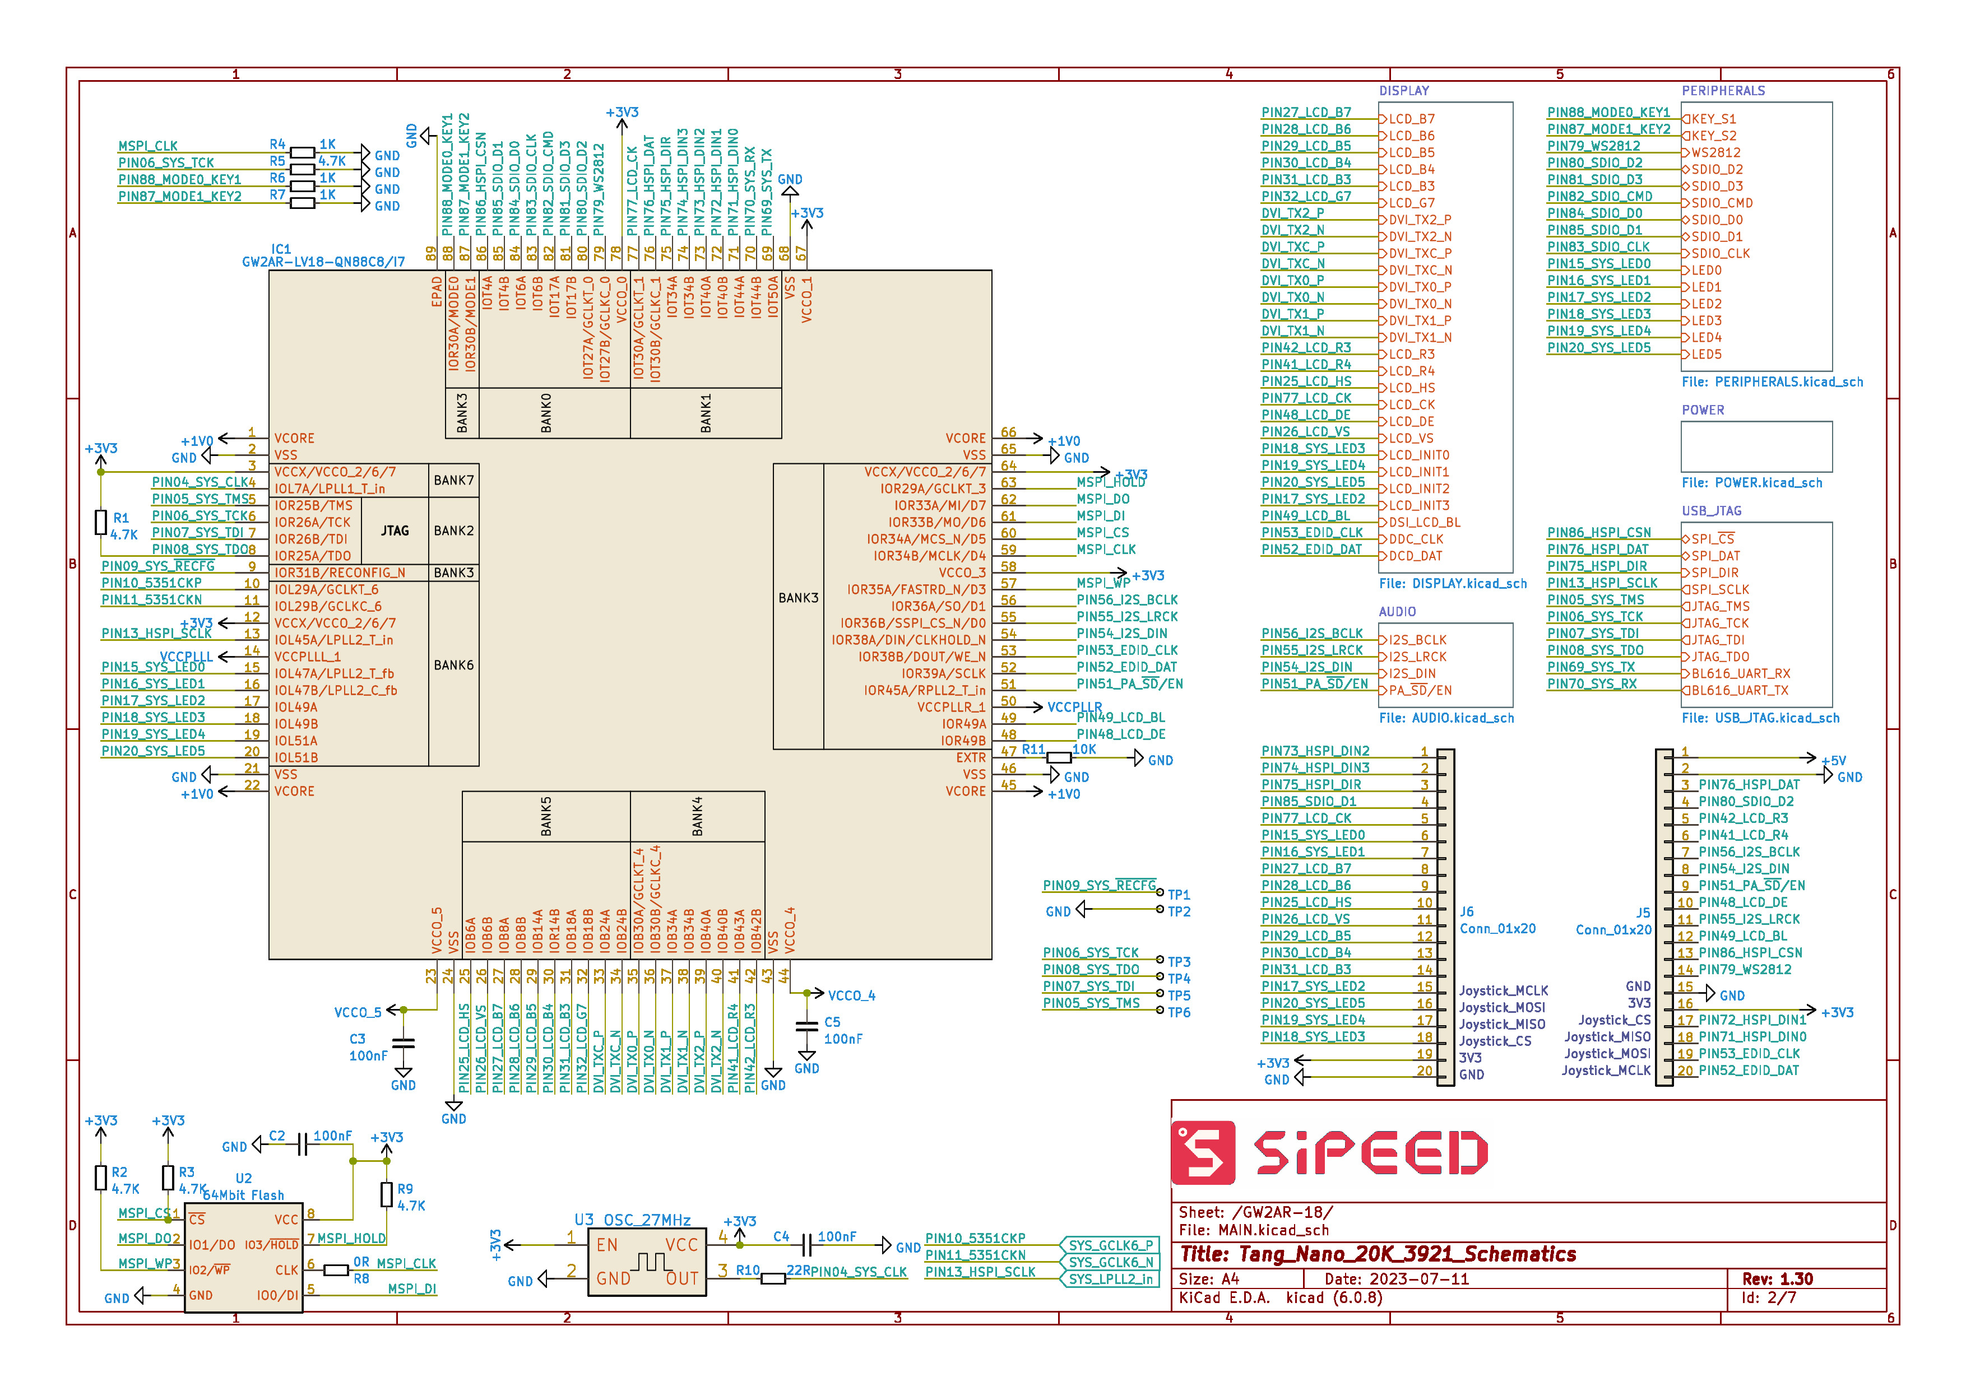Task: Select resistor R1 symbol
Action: [101, 522]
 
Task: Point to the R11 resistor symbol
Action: [1059, 758]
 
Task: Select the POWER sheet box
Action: [1756, 446]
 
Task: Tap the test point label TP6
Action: [1179, 1012]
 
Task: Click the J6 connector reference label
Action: [1467, 912]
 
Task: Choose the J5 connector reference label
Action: [1642, 913]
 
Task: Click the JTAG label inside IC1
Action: [395, 531]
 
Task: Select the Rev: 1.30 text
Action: [1778, 1279]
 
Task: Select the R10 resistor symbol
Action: [773, 1279]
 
